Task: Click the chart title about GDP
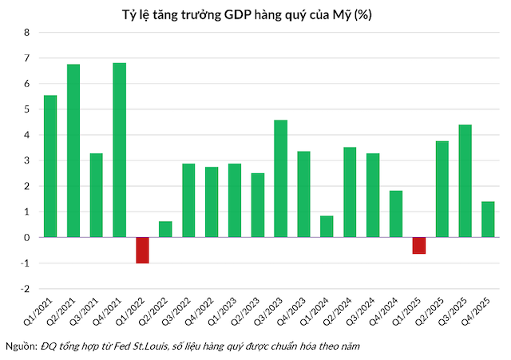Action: [255, 14]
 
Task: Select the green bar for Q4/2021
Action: [119, 150]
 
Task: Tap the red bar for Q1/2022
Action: [142, 250]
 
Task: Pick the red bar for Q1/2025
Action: [418, 245]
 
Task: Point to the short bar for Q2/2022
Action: [165, 229]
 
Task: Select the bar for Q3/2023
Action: [280, 178]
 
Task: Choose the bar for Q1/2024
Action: [327, 227]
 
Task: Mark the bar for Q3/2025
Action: [465, 181]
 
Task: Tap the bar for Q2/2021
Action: [73, 150]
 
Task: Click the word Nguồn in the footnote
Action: [21, 347]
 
